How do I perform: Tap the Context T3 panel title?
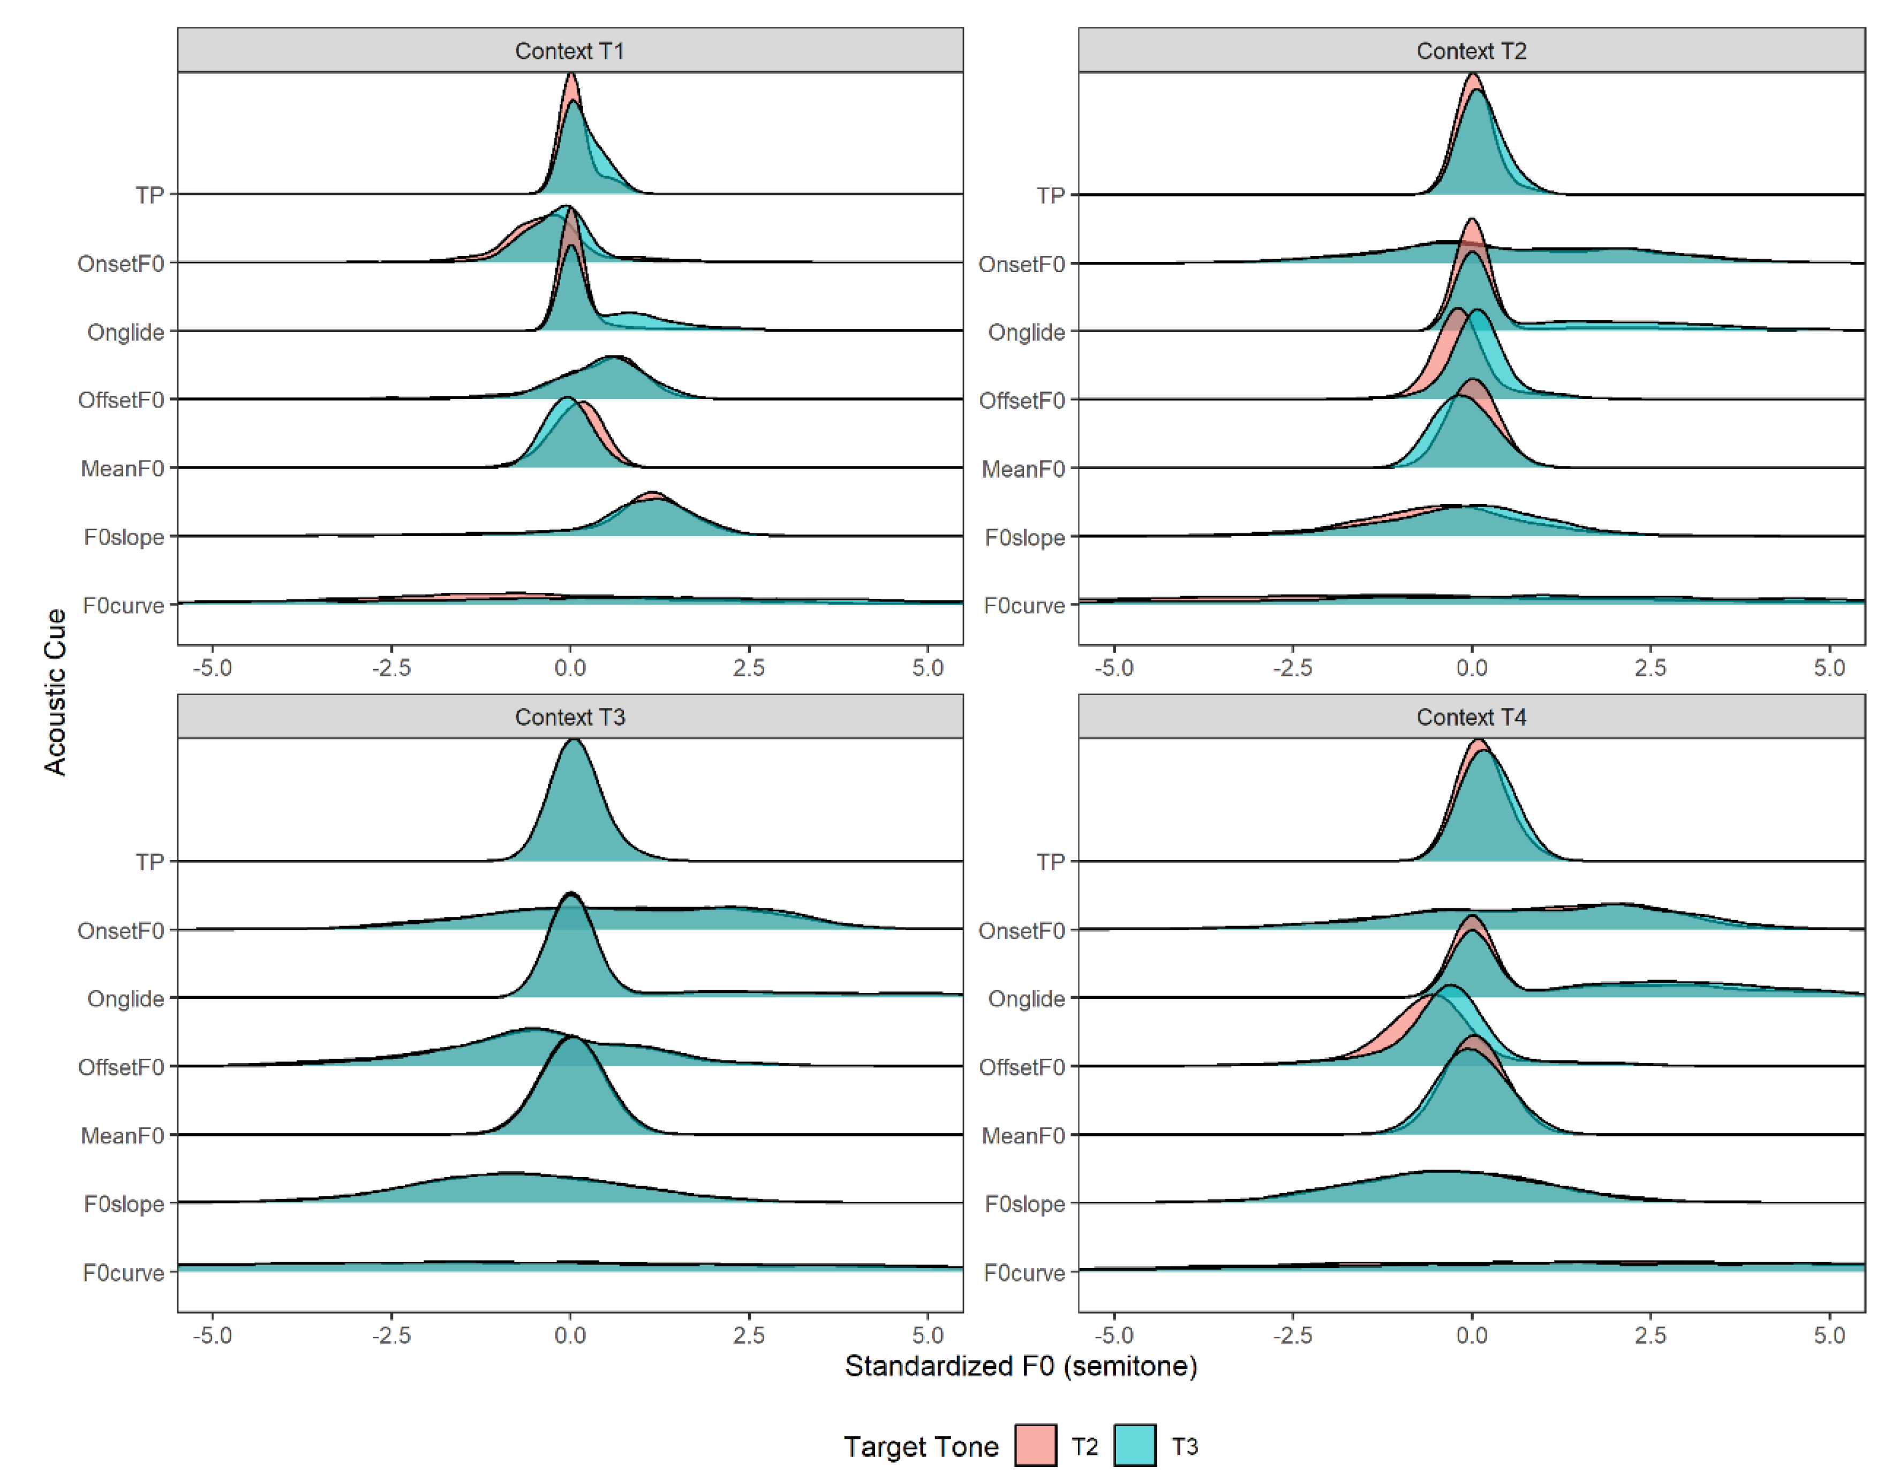[569, 717]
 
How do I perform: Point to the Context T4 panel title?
[1471, 717]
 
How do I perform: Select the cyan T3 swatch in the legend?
[1135, 1446]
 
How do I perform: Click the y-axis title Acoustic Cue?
[55, 691]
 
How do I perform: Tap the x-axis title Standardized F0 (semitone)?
[1021, 1366]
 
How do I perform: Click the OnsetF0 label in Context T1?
[121, 263]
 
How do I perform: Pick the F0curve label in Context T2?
[1023, 605]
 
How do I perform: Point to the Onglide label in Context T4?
[1026, 998]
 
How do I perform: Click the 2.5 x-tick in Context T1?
[749, 668]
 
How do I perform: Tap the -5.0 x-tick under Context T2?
[1114, 668]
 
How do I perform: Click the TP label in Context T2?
[1050, 195]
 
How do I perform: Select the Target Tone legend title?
[921, 1447]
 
